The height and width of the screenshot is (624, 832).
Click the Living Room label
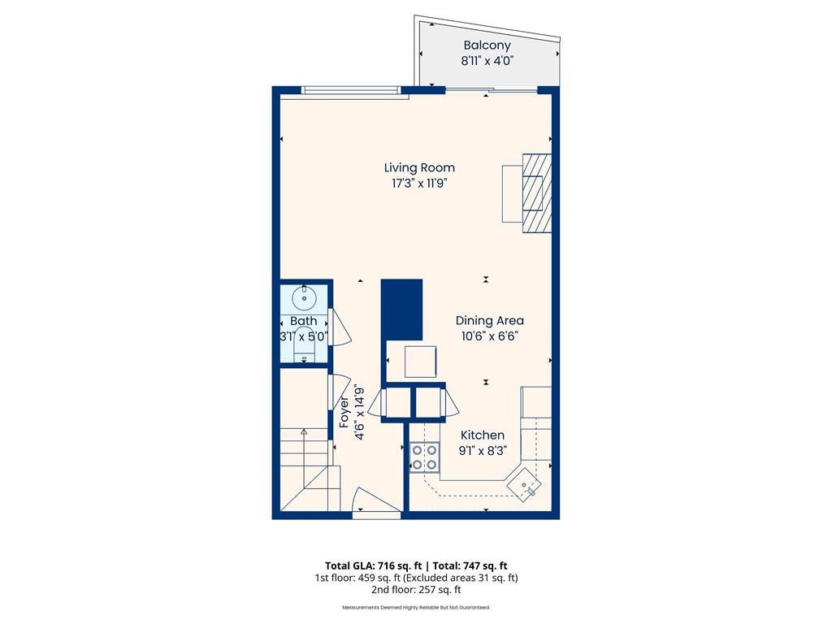pyautogui.click(x=419, y=167)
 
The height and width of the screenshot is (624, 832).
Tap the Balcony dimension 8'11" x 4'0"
pyautogui.click(x=487, y=60)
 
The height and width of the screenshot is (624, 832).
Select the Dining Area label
pyautogui.click(x=489, y=320)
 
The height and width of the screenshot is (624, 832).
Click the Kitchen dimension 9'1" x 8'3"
pyautogui.click(x=483, y=450)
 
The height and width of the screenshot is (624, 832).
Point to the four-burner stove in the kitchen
pyautogui.click(x=424, y=457)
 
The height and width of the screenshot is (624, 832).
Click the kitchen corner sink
pyautogui.click(x=524, y=483)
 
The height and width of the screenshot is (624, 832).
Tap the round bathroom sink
pyautogui.click(x=304, y=297)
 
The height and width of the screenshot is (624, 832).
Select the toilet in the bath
pyautogui.click(x=304, y=345)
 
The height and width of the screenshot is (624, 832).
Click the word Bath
pyautogui.click(x=304, y=321)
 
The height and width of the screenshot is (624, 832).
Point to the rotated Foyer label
pyautogui.click(x=344, y=412)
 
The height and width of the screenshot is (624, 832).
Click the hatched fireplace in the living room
pyautogui.click(x=536, y=193)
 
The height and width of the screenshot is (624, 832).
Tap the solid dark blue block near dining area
pyautogui.click(x=401, y=310)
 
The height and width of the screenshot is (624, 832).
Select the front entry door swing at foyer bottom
pyautogui.click(x=375, y=500)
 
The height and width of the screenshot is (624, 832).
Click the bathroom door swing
pyautogui.click(x=339, y=327)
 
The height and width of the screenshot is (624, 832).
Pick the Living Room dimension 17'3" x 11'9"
pyautogui.click(x=419, y=184)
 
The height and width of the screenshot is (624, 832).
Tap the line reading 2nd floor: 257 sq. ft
pyautogui.click(x=416, y=590)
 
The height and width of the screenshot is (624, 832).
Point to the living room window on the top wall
pyautogui.click(x=351, y=91)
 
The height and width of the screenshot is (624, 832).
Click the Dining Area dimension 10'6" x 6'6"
pyautogui.click(x=489, y=336)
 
